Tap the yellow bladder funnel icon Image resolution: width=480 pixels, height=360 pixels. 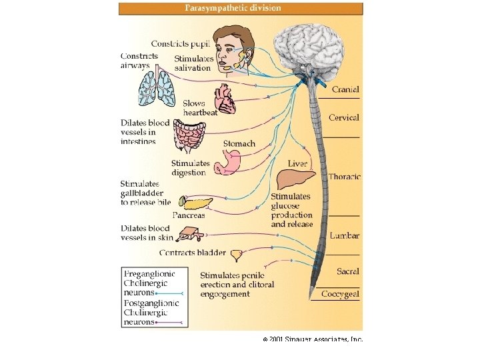coord(237,255)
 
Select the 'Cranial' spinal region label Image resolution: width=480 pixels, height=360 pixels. coord(345,89)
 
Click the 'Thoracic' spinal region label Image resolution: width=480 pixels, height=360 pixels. coord(345,177)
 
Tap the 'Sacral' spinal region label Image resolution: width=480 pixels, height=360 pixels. coord(347,271)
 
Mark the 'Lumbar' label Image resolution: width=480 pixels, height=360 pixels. coord(345,235)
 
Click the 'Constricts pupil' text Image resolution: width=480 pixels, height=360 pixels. coord(180,44)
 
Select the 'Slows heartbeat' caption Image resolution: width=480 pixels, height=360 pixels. coord(199,108)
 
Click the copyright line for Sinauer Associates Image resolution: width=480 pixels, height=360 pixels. coord(312,339)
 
